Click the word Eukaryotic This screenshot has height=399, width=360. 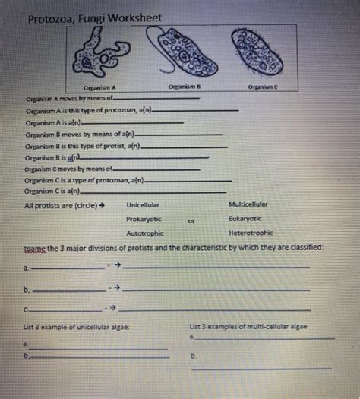[x=245, y=219]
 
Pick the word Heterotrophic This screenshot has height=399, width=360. [x=251, y=233]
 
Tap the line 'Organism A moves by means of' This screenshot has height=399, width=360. [x=68, y=100]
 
